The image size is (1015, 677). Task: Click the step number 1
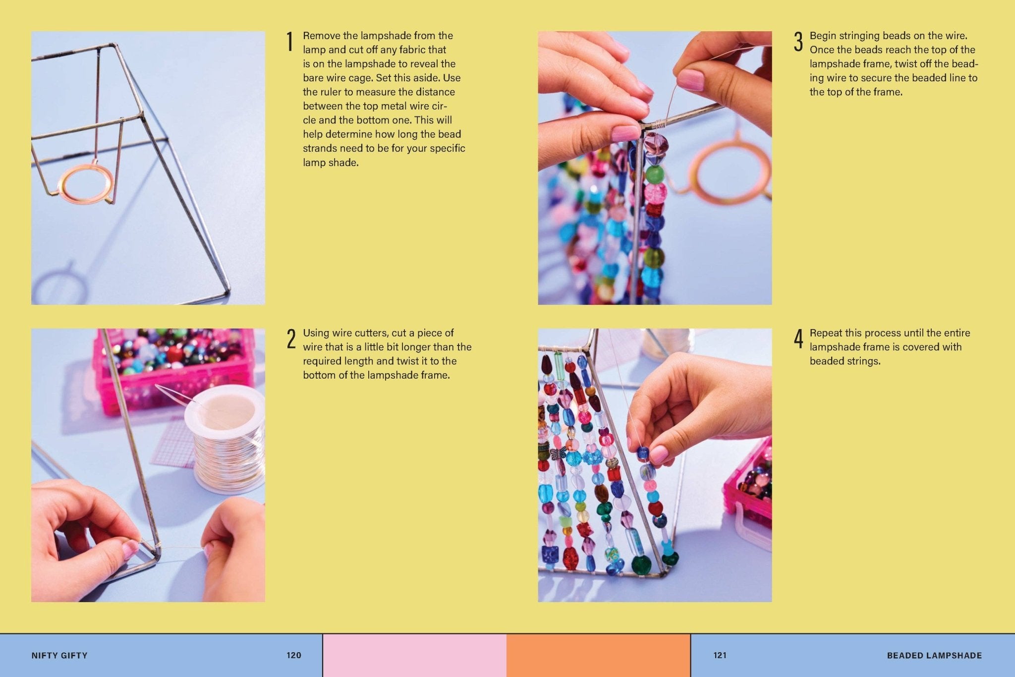pos(290,42)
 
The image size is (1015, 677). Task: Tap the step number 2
pos(291,339)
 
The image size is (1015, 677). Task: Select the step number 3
pos(798,42)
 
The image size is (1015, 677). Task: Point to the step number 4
pos(798,339)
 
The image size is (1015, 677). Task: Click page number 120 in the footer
pos(294,655)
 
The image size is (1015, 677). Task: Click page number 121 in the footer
pos(720,655)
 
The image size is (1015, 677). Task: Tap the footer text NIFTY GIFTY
pos(59,655)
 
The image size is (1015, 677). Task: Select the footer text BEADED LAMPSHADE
pos(934,655)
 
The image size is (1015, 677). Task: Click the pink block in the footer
pos(414,655)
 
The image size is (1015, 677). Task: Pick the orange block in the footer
pos(598,655)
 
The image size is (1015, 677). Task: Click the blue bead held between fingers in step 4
pos(643,452)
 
